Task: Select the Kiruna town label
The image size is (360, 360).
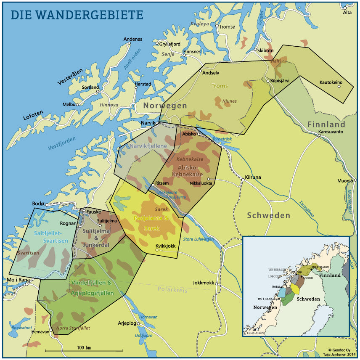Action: coord(253,177)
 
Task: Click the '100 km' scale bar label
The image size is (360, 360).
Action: coord(84,347)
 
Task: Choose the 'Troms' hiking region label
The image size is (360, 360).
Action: coord(219,86)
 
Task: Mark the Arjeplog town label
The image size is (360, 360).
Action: coord(127,323)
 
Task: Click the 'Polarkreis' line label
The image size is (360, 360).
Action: coord(173,289)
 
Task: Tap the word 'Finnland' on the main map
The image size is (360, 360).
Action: coord(326,124)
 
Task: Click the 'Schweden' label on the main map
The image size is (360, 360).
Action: coord(268,215)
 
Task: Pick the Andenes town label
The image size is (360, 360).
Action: coord(132,40)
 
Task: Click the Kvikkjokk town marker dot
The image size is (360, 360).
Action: coord(156,250)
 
